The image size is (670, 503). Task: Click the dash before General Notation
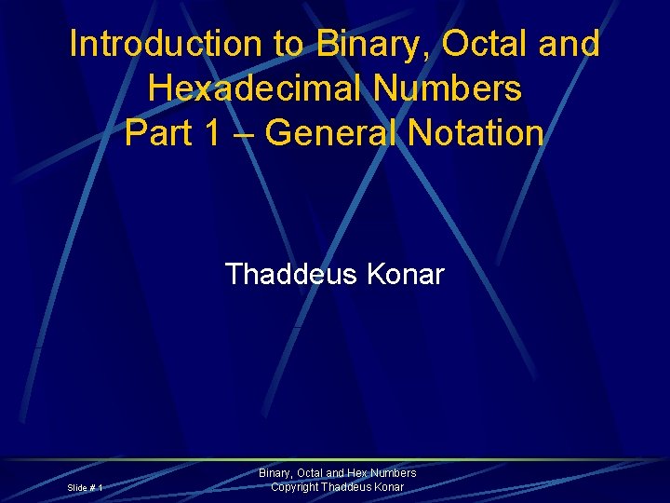click(x=243, y=133)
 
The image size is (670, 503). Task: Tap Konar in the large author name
click(x=406, y=275)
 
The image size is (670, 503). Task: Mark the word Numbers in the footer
click(x=395, y=473)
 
